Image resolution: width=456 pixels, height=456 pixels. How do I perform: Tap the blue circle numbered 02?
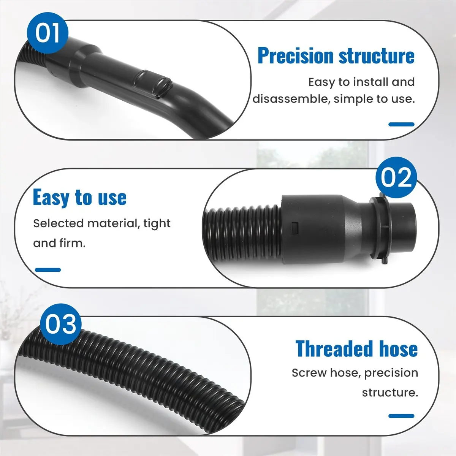pyautogui.click(x=396, y=177)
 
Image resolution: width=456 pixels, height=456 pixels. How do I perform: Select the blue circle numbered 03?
pyautogui.click(x=60, y=324)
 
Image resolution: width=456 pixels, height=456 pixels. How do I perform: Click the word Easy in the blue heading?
pyautogui.click(x=51, y=198)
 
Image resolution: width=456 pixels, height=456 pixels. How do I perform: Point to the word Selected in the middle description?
pyautogui.click(x=58, y=223)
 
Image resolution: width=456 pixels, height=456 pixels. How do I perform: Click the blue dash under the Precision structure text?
pyautogui.click(x=401, y=124)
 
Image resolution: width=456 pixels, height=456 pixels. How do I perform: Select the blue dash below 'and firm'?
pyautogui.click(x=48, y=270)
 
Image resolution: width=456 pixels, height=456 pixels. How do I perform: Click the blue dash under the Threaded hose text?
pyautogui.click(x=401, y=416)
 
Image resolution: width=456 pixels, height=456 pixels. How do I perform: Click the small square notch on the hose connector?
pyautogui.click(x=294, y=227)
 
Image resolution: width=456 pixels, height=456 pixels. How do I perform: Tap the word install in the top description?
pyautogui.click(x=367, y=82)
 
